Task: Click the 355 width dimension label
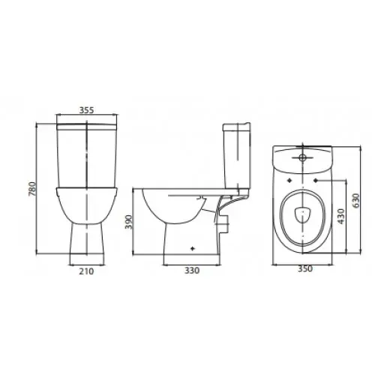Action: click(x=86, y=110)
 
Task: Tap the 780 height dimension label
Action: click(x=32, y=189)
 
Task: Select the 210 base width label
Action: click(x=86, y=271)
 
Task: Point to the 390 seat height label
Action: click(x=129, y=222)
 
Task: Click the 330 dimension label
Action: click(x=192, y=270)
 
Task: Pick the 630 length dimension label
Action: click(x=356, y=200)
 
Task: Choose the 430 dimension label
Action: click(x=341, y=216)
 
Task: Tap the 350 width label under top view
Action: click(x=305, y=268)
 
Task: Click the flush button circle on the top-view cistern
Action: click(x=302, y=157)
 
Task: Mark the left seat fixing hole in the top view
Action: click(x=289, y=180)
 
